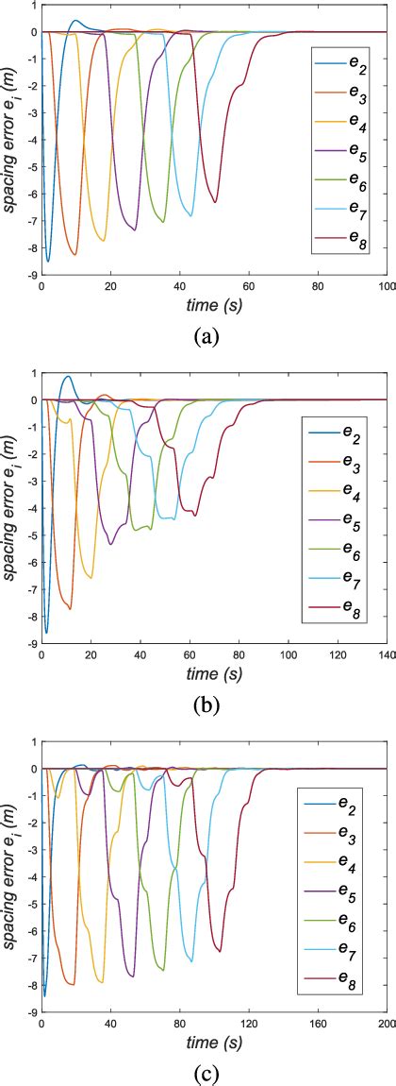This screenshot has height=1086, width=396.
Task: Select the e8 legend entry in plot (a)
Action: pyautogui.click(x=345, y=245)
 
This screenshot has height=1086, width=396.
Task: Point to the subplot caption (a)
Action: pyautogui.click(x=206, y=336)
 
